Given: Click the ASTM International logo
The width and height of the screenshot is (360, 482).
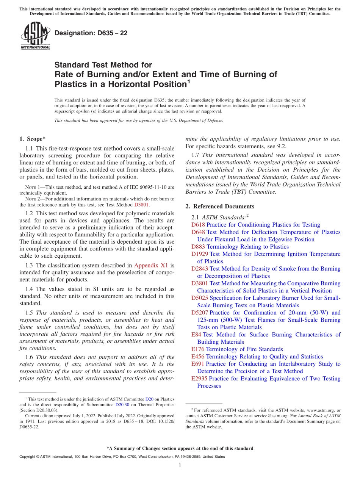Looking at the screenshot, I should pyautogui.click(x=35, y=36).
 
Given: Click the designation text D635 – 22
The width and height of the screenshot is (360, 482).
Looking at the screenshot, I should pyautogui.click(x=91, y=33).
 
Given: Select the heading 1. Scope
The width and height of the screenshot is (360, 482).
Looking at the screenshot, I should pyautogui.click(x=33, y=139).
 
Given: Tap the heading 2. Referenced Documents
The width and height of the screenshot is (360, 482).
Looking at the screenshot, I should pyautogui.click(x=220, y=206).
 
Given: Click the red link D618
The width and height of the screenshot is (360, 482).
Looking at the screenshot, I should pyautogui.click(x=198, y=225).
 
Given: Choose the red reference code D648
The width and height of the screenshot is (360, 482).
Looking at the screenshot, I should pyautogui.click(x=198, y=232).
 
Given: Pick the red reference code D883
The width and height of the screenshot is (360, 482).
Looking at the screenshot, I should pyautogui.click(x=198, y=247).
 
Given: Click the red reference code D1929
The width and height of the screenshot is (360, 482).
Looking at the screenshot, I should pyautogui.click(x=200, y=254).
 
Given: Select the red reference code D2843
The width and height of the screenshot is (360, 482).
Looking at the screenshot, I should pyautogui.click(x=200, y=269).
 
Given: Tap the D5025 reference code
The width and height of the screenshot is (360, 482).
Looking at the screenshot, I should pyautogui.click(x=200, y=298).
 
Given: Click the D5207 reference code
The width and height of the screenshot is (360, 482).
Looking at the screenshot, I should pyautogui.click(x=200, y=313).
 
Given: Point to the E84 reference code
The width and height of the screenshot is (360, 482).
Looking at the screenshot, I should pyautogui.click(x=196, y=335).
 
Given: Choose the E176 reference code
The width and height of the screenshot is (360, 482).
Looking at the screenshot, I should pyautogui.click(x=198, y=349).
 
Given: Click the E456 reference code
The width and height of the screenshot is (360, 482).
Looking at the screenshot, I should pyautogui.click(x=198, y=357).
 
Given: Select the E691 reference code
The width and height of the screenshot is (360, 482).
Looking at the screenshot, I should pyautogui.click(x=198, y=364).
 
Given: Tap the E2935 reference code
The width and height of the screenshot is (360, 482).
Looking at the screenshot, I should pyautogui.click(x=199, y=379).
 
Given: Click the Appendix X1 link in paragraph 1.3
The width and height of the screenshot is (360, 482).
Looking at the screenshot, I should pyautogui.click(x=152, y=265).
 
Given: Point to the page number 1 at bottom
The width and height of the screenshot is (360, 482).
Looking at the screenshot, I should pyautogui.click(x=180, y=465).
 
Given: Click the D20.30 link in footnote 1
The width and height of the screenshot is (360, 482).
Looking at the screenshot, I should pyautogui.click(x=122, y=404).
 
